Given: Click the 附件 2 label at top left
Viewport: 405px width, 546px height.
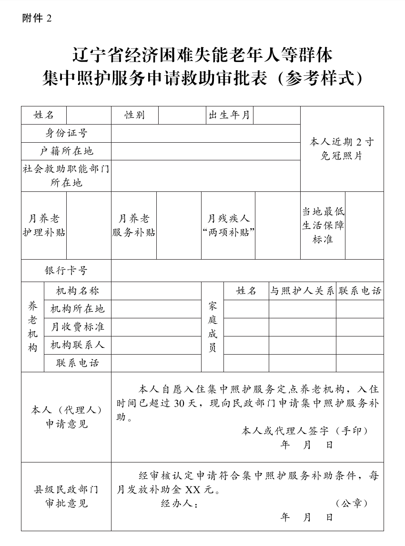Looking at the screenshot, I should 36,18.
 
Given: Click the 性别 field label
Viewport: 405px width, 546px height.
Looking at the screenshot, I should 134,115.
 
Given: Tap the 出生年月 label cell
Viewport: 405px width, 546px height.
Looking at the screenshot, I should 229,115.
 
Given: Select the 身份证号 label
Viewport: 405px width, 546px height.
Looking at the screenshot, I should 66,133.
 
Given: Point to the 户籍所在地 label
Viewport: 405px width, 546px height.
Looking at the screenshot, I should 66,151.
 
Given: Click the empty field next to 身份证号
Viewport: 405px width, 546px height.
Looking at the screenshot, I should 205,133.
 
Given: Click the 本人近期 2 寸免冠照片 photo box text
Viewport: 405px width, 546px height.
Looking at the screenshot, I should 342,148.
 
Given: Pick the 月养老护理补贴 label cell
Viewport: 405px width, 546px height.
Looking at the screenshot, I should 44,226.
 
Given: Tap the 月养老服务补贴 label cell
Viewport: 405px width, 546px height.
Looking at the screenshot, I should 134,226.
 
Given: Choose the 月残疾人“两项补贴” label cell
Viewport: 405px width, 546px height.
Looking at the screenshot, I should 228,226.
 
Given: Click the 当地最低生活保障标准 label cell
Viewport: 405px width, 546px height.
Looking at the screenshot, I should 323,226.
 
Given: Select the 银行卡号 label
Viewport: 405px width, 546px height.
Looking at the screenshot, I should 66,271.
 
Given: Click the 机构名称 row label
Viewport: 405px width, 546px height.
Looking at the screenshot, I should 77,291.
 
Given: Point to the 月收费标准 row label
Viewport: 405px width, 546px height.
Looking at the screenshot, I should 77,327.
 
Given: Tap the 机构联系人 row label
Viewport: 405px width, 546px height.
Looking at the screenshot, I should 77,345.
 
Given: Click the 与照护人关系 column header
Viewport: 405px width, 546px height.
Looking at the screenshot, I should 302,291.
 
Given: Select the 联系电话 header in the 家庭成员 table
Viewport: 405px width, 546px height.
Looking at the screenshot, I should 360,291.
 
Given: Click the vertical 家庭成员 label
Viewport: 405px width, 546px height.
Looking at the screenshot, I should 213,327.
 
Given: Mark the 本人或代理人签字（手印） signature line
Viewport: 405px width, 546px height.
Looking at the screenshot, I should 305,430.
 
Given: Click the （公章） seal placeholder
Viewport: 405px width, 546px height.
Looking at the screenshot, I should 352,503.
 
